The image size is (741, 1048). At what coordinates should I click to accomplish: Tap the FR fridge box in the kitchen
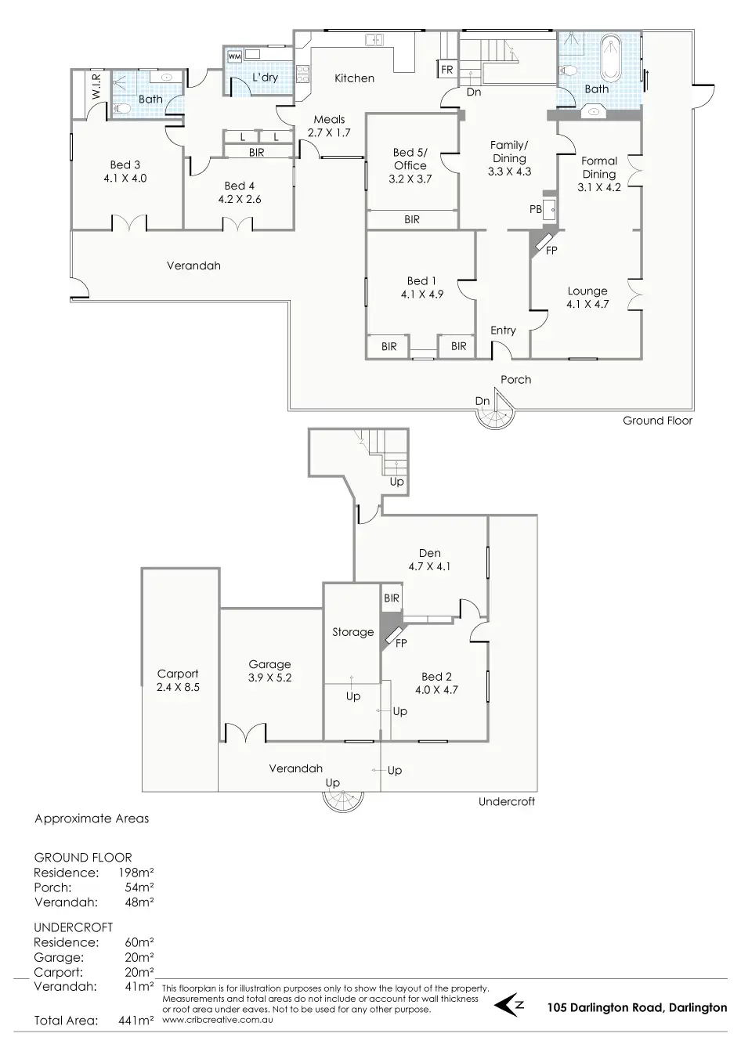coord(446,70)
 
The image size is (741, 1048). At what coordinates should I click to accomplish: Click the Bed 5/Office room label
coord(410,164)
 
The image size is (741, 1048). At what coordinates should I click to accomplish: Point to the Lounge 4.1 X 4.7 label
coord(587,298)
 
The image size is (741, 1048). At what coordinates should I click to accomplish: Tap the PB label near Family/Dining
coord(536,210)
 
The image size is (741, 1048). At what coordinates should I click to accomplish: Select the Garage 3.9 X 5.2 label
coord(269,670)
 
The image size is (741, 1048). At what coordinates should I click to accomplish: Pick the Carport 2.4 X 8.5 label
coord(178,680)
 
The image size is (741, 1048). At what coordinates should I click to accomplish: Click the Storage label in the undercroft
coord(352,632)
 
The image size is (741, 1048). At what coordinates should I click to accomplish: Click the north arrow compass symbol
coord(514,1003)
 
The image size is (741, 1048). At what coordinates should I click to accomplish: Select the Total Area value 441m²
coord(139,1021)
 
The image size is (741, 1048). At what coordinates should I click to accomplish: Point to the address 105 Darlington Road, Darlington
coord(637,1008)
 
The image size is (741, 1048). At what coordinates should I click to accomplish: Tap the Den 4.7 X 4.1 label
coord(429,559)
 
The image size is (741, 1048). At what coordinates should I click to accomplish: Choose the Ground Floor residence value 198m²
coord(139,873)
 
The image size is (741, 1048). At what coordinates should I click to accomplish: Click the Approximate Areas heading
coord(92,819)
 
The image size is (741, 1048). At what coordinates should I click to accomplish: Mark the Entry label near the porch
coord(503,331)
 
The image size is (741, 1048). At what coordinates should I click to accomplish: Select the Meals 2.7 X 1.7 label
coord(329,126)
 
